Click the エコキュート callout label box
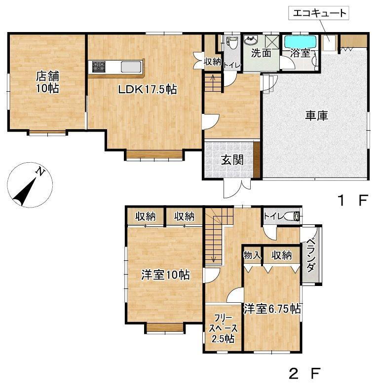pos(318,13)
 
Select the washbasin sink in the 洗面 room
pos(251,40)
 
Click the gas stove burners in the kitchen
pos(99,67)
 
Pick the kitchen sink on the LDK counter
pos(131,67)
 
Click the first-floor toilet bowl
pos(232,43)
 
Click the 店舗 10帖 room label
pos(47,82)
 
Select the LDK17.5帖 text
pos(148,89)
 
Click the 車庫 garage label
pos(317,116)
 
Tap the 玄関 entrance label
pos(232,160)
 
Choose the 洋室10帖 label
pos(165,275)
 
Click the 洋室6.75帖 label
pos(272,309)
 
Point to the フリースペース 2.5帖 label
pos(223,328)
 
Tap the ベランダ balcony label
pos(310,255)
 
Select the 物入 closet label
pos(253,255)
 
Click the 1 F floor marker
pos(353,200)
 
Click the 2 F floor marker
pos(304,373)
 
